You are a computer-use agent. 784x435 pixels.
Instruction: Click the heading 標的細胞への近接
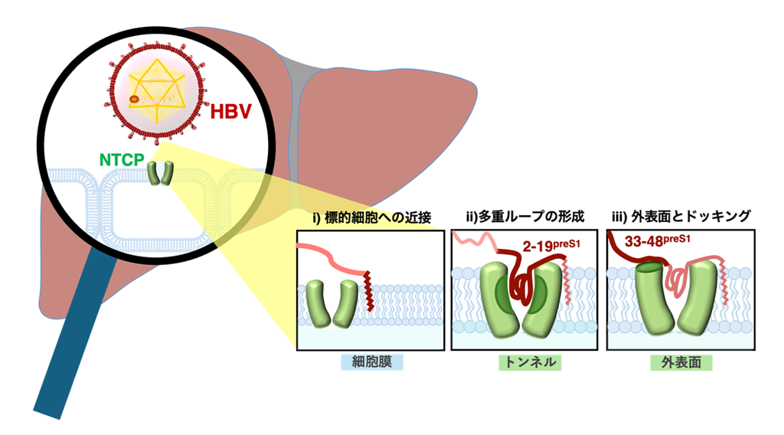tap(371, 218)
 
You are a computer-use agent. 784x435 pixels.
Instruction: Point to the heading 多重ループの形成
tap(526, 218)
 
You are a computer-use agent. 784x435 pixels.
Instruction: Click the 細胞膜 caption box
tap(371, 361)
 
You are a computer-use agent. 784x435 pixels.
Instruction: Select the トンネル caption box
tap(526, 361)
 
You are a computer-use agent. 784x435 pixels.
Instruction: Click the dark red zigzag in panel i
tap(371, 291)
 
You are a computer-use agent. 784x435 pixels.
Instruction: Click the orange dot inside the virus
tap(134, 99)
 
